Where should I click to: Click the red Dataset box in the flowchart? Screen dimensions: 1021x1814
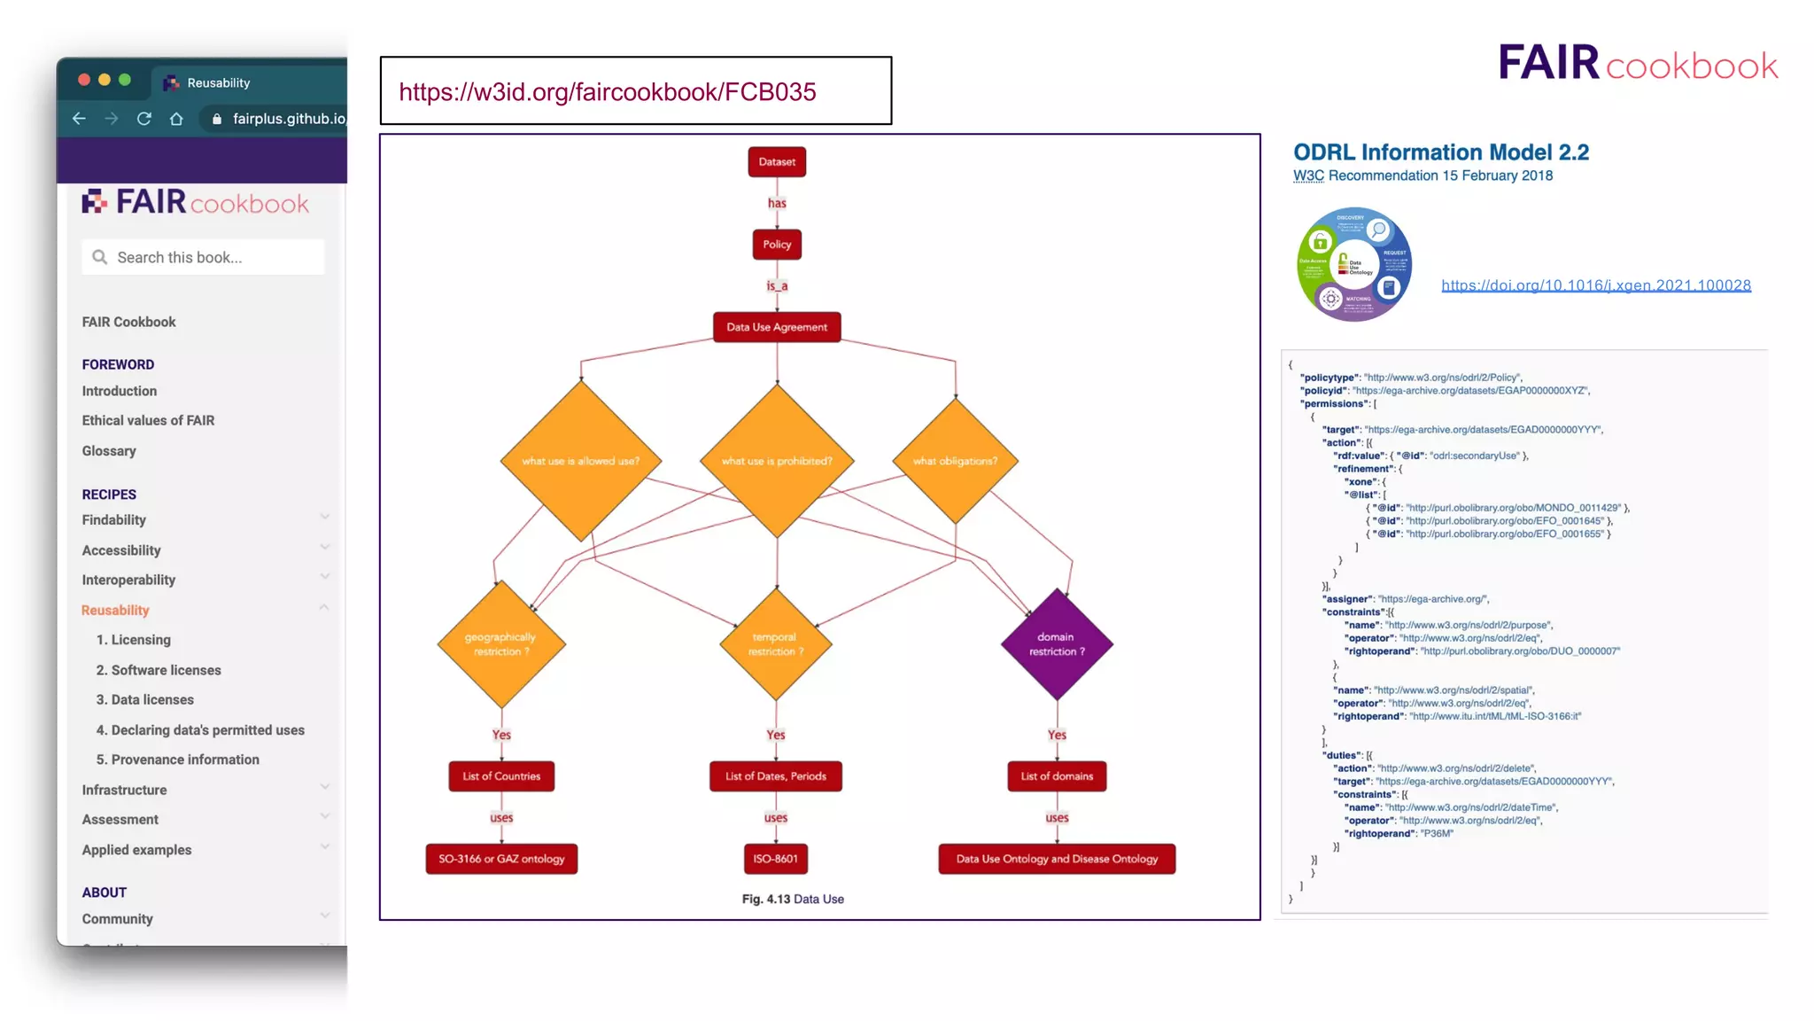777,162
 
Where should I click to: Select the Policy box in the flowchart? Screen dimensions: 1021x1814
777,245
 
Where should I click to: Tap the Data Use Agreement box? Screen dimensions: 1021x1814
777,327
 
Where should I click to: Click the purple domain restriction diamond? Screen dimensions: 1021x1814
1057,644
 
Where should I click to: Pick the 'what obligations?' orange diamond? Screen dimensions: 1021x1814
955,461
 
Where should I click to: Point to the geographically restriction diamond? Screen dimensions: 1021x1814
501,644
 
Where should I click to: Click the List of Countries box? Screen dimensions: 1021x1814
501,776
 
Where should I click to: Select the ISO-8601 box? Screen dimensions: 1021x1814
775,859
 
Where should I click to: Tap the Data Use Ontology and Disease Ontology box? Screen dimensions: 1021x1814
1057,859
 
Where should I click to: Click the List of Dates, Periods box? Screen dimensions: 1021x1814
775,776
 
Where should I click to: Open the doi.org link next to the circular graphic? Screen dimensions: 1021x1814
1595,285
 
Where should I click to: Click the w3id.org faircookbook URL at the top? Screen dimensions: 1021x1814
608,92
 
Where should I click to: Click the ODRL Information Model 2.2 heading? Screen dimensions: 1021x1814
1441,152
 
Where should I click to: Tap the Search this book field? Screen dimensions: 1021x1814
204,257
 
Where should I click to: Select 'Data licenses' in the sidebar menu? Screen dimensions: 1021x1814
144,699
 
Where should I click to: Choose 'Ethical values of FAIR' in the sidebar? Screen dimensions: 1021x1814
148,420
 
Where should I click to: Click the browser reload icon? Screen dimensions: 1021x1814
143,119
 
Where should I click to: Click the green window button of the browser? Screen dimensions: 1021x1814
125,80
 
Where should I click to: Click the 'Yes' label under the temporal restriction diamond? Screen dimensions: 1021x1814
776,735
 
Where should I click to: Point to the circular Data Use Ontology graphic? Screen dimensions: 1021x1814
1353,264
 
